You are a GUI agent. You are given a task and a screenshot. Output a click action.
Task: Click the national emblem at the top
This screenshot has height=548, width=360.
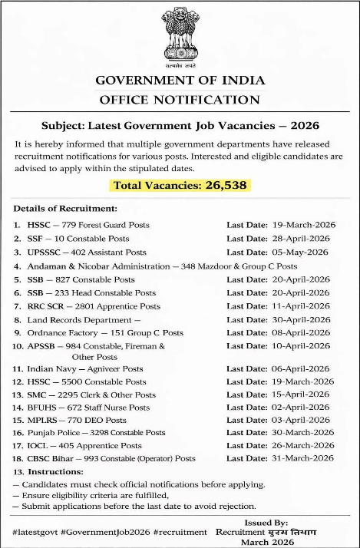[x=180, y=35]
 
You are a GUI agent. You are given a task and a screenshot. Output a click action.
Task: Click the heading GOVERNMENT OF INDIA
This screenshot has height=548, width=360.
[x=180, y=81]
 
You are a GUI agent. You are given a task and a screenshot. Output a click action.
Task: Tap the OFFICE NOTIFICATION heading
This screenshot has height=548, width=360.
[x=180, y=100]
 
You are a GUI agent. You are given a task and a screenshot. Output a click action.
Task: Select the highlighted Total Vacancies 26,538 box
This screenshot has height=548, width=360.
[x=180, y=185]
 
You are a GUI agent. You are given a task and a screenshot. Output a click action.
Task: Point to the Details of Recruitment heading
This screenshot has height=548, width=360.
[x=65, y=209]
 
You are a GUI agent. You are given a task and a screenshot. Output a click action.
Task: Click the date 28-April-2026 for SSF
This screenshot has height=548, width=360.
[x=301, y=238]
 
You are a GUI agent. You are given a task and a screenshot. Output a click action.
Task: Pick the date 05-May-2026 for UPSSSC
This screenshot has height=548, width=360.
[x=301, y=252]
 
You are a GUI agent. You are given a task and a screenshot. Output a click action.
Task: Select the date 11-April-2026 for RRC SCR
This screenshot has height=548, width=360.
[x=301, y=305]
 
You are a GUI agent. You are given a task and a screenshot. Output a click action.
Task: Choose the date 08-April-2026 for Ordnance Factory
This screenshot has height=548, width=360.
[x=301, y=333]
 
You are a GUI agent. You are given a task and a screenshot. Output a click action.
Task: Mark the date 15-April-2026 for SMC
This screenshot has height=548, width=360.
[x=301, y=394]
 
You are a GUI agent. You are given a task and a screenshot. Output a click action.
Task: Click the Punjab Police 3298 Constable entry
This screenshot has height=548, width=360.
[x=96, y=433]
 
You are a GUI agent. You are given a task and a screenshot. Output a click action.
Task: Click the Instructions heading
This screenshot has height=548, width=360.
[x=56, y=471]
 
